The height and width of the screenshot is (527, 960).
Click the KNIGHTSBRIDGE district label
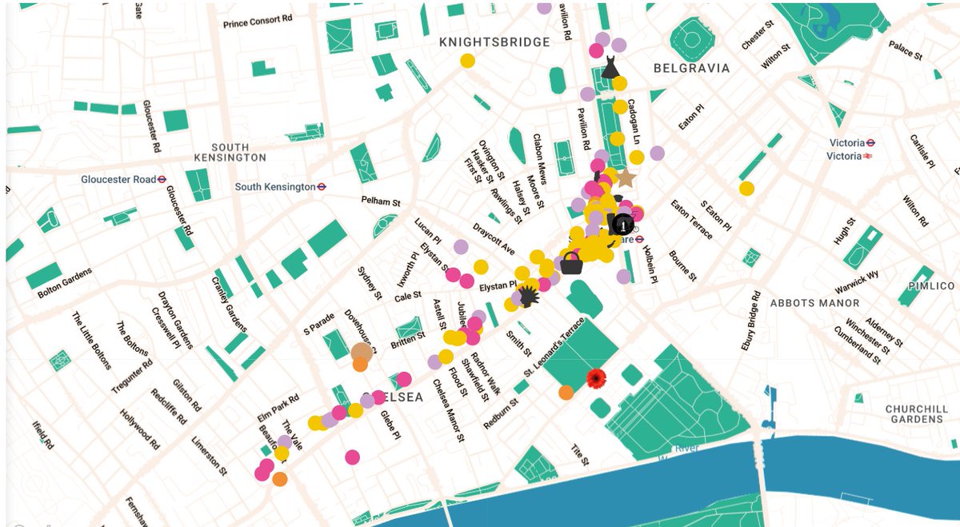pyautogui.click(x=494, y=42)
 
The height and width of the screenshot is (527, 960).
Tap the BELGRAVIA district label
pyautogui.click(x=691, y=68)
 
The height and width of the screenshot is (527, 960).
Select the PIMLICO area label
pyautogui.click(x=930, y=285)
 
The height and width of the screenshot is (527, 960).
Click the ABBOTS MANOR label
pyautogui.click(x=814, y=303)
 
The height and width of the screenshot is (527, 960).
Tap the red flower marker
pyautogui.click(x=595, y=378)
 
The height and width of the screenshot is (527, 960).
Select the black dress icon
pyautogui.click(x=610, y=66)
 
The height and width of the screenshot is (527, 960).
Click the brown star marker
pyautogui.click(x=625, y=178)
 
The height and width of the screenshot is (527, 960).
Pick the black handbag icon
pyautogui.click(x=571, y=263)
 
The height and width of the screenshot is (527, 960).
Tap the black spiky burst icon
pyautogui.click(x=530, y=297)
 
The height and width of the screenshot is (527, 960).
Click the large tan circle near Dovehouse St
pyautogui.click(x=362, y=352)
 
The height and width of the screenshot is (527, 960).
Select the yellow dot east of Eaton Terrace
pyautogui.click(x=746, y=189)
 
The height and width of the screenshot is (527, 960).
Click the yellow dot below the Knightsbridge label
pyautogui.click(x=467, y=61)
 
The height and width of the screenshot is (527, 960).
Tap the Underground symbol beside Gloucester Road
pyautogui.click(x=162, y=179)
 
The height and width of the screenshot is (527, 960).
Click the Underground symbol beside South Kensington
pyautogui.click(x=321, y=186)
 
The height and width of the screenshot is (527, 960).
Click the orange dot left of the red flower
pyautogui.click(x=566, y=392)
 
